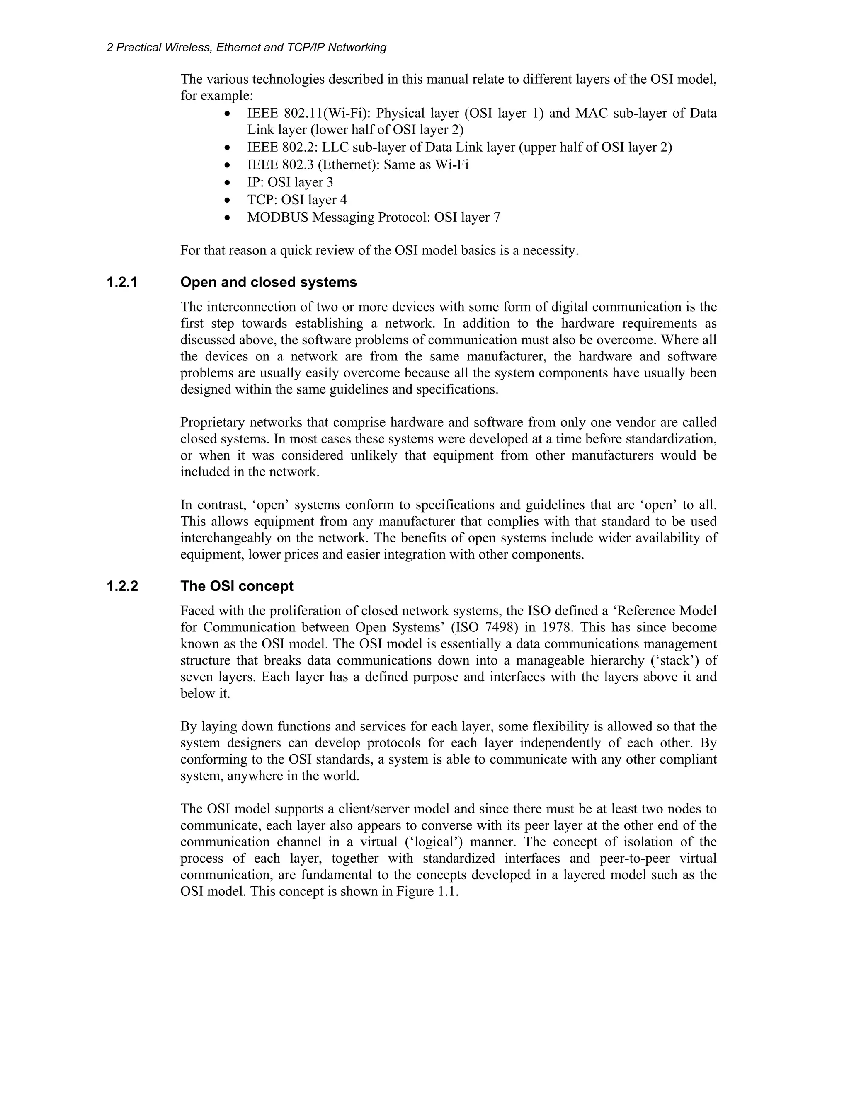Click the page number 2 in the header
tap(109, 48)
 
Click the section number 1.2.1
tap(122, 283)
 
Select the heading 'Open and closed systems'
tap(269, 283)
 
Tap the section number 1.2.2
tap(122, 586)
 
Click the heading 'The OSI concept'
tap(237, 586)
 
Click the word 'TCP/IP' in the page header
tap(304, 48)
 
